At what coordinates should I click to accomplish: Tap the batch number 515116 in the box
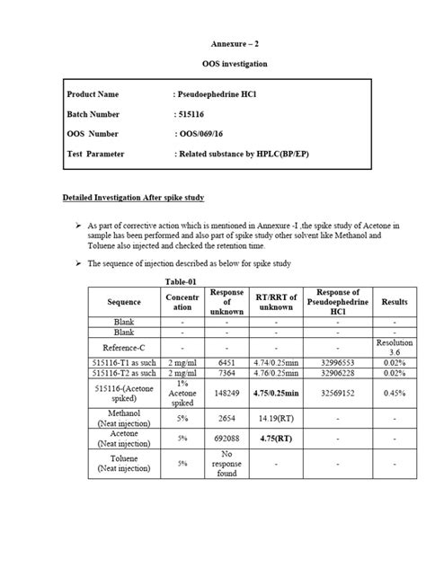point(191,114)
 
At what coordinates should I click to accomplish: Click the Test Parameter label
point(95,154)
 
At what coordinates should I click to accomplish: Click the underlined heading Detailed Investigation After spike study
point(134,198)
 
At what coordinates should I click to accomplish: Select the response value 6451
point(226,361)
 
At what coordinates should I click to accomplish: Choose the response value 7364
point(226,373)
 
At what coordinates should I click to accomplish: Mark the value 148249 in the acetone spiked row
point(226,392)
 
